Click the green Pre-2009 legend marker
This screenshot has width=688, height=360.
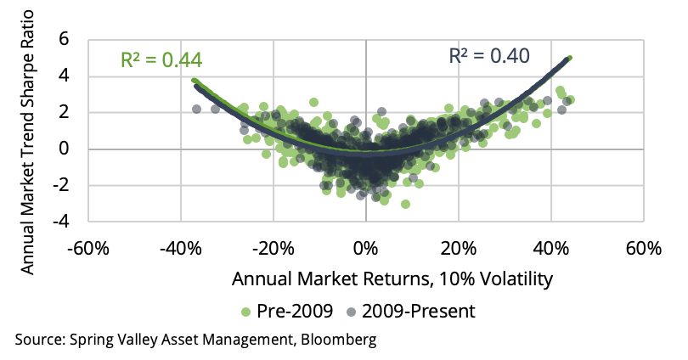(247, 311)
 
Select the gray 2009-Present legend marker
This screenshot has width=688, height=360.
(350, 311)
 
